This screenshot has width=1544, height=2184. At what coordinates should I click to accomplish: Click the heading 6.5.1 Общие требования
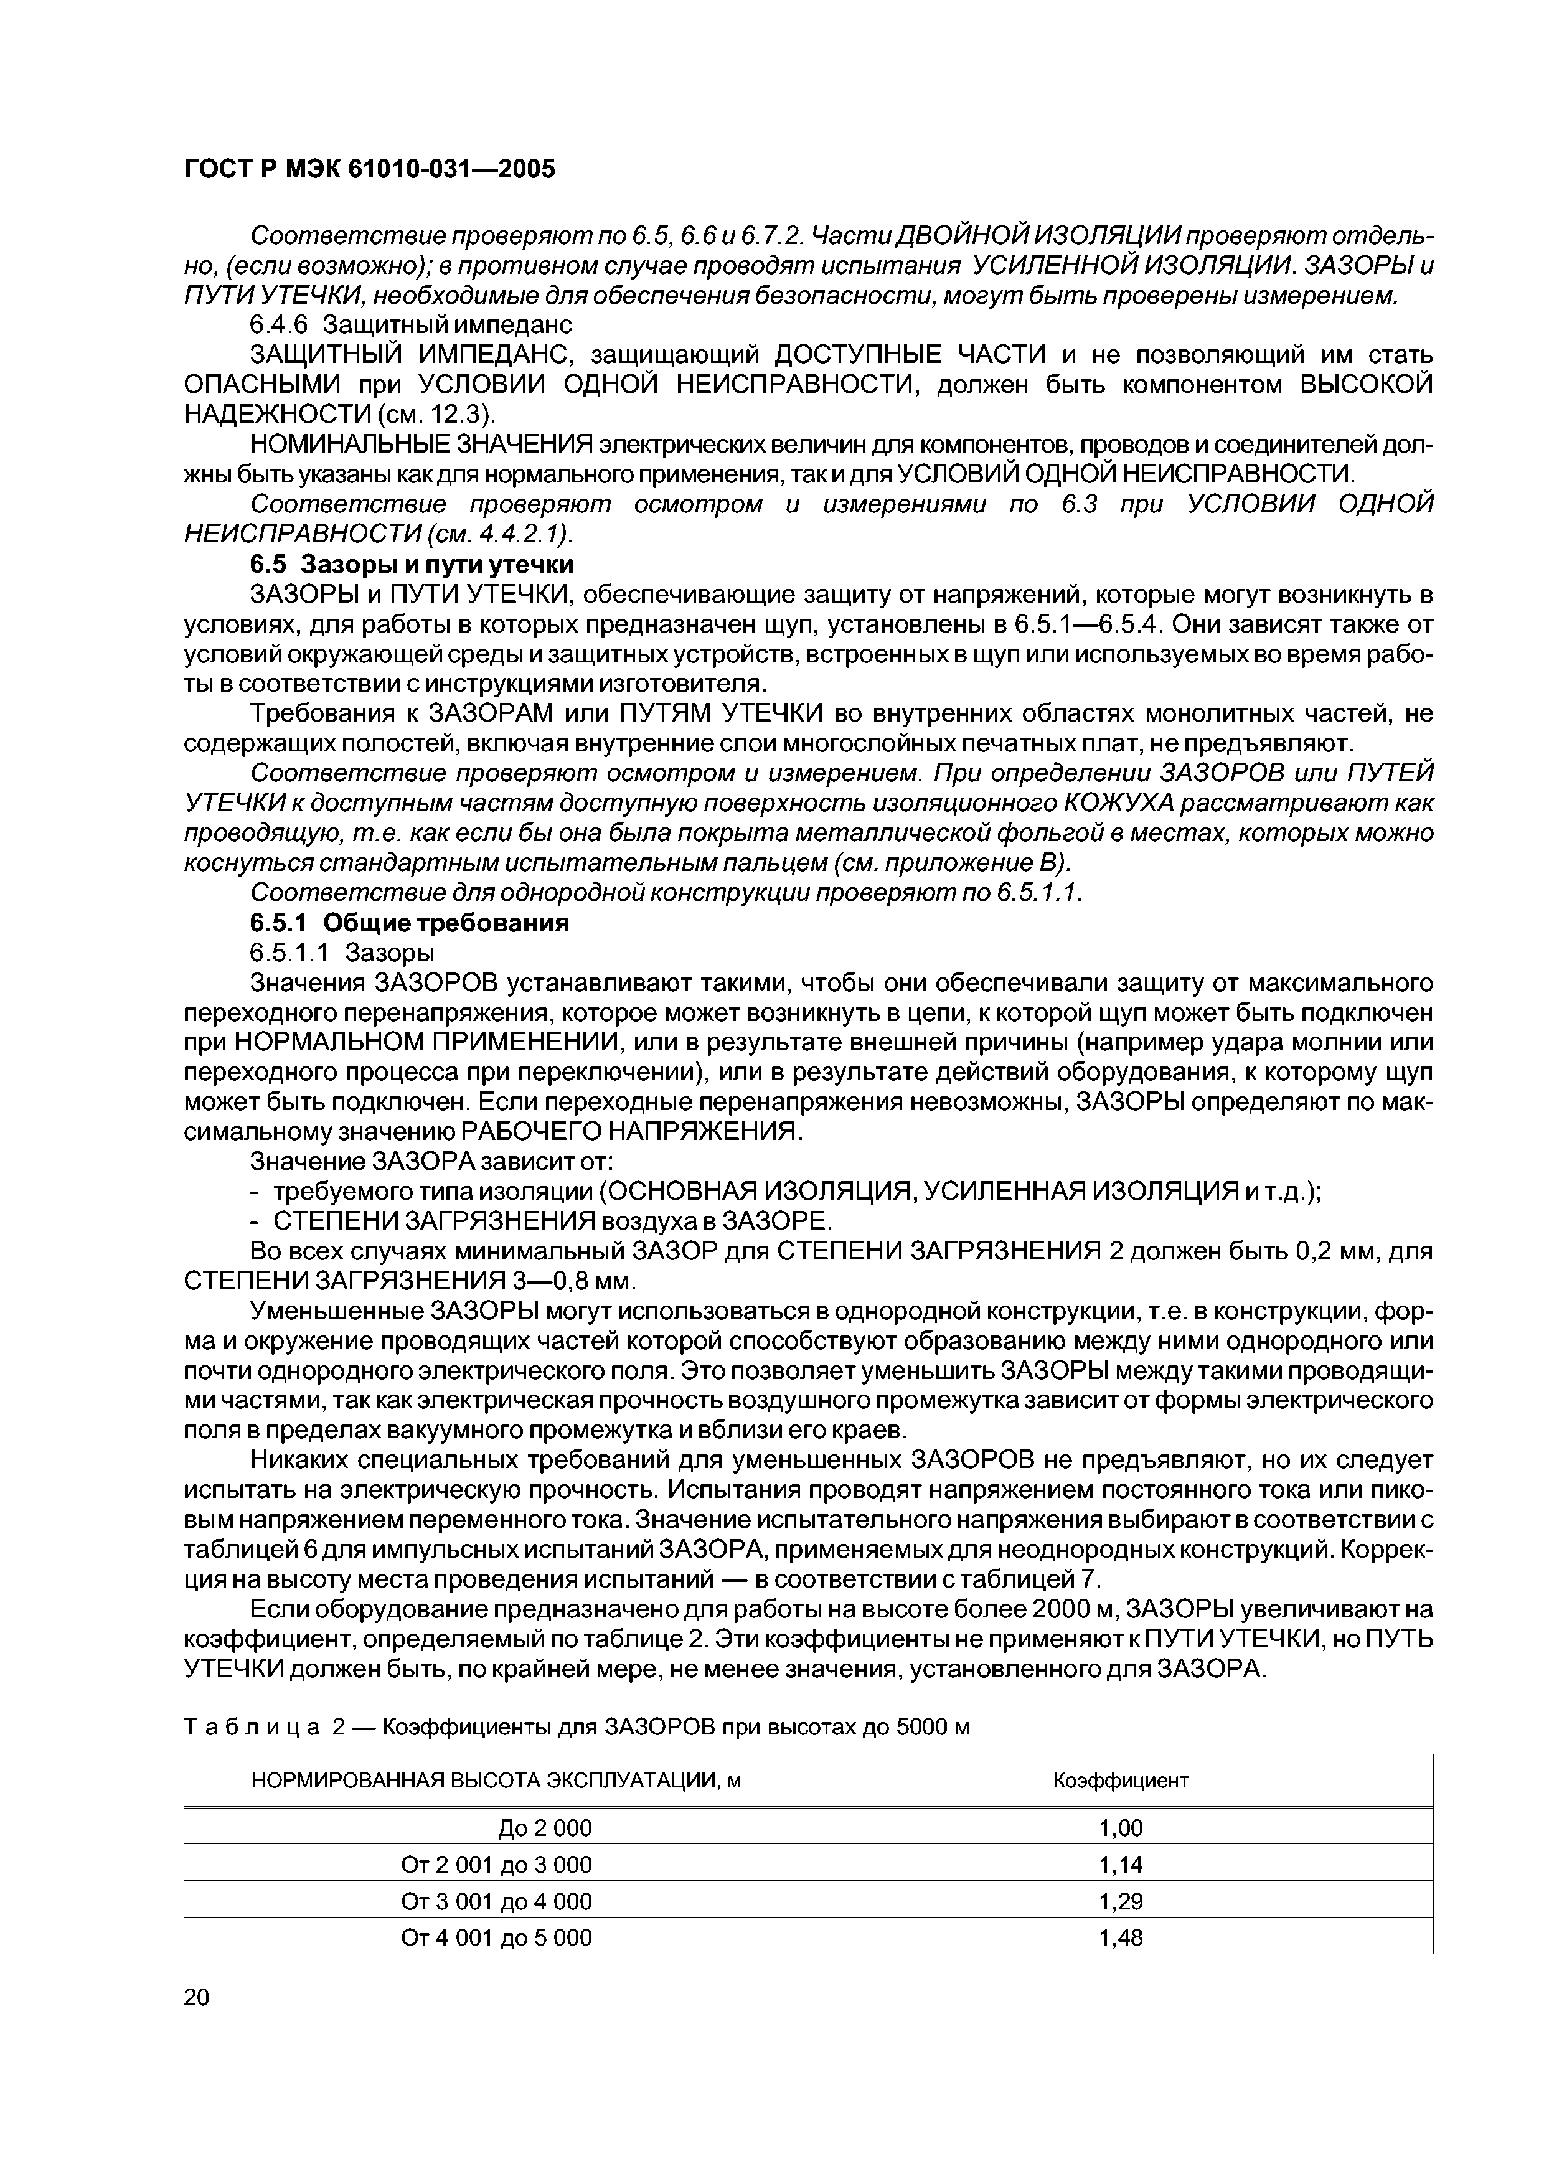(409, 923)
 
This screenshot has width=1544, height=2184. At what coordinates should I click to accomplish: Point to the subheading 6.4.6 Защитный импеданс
(410, 324)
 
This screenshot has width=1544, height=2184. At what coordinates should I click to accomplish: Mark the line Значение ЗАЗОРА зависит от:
(432, 1162)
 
